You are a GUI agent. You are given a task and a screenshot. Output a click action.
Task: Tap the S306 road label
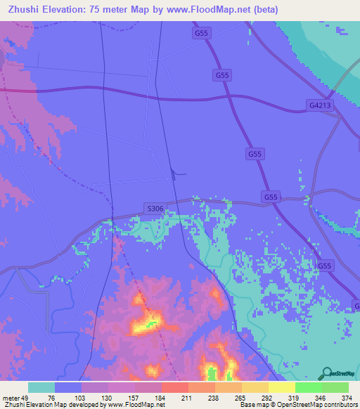[155, 208]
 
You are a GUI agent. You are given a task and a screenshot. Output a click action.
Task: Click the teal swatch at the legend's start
[41, 387]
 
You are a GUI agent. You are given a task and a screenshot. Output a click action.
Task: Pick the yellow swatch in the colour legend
[281, 387]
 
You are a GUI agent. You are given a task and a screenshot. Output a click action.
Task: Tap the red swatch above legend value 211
[174, 387]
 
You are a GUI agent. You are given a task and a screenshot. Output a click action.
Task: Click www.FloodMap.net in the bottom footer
[136, 405]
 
